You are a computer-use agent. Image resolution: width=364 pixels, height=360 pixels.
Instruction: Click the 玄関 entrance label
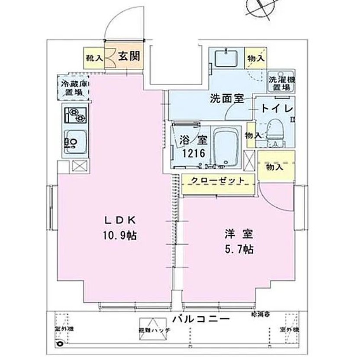[x=129, y=56]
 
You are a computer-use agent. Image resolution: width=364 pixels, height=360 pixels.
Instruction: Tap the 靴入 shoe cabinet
[x=93, y=57]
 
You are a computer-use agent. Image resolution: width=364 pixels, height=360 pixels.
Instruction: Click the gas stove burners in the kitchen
[x=76, y=115]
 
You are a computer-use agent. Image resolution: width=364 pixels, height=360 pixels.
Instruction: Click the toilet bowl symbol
[x=274, y=130]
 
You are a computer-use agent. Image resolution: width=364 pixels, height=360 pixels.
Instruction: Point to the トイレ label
[x=277, y=109]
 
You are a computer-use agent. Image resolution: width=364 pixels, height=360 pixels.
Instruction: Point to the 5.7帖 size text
[x=239, y=250]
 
